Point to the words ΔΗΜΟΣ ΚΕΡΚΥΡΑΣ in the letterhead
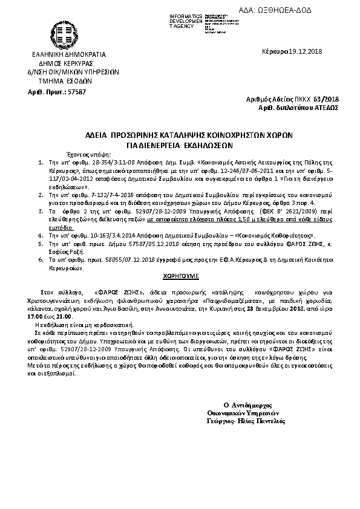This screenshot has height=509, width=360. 64,63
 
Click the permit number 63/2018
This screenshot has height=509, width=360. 328,98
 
